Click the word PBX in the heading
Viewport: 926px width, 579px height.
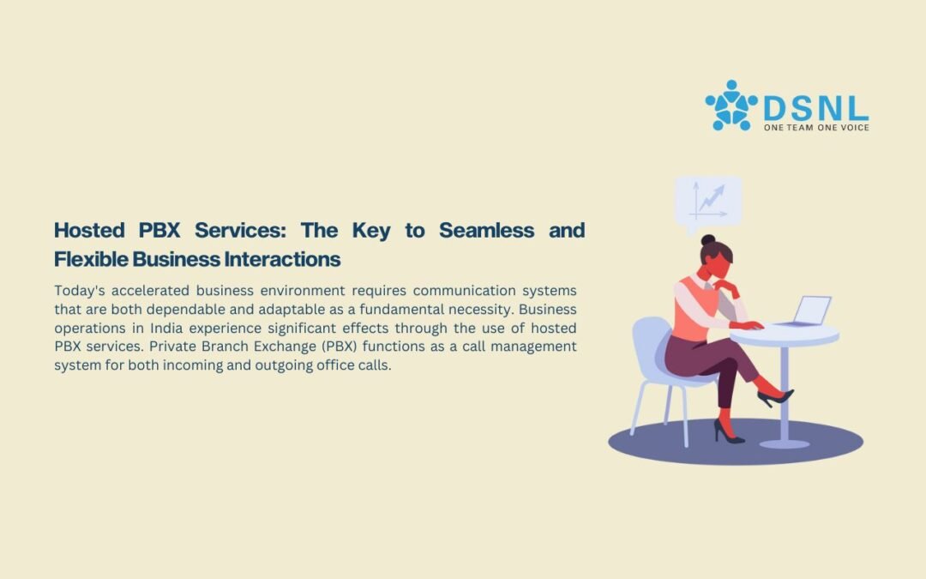coord(159,230)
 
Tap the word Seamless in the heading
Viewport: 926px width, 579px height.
coord(487,230)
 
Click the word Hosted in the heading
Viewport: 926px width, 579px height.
coord(89,230)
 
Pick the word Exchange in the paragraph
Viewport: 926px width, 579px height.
coord(286,347)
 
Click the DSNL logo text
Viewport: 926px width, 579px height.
coord(816,109)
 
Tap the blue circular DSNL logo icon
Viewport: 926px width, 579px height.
coord(731,106)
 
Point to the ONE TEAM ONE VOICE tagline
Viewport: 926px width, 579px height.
coord(816,128)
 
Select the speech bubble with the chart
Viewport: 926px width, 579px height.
coord(708,202)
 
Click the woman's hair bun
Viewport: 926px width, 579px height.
coord(708,240)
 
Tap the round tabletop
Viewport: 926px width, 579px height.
coord(785,335)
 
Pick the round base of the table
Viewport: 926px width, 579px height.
coord(785,443)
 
